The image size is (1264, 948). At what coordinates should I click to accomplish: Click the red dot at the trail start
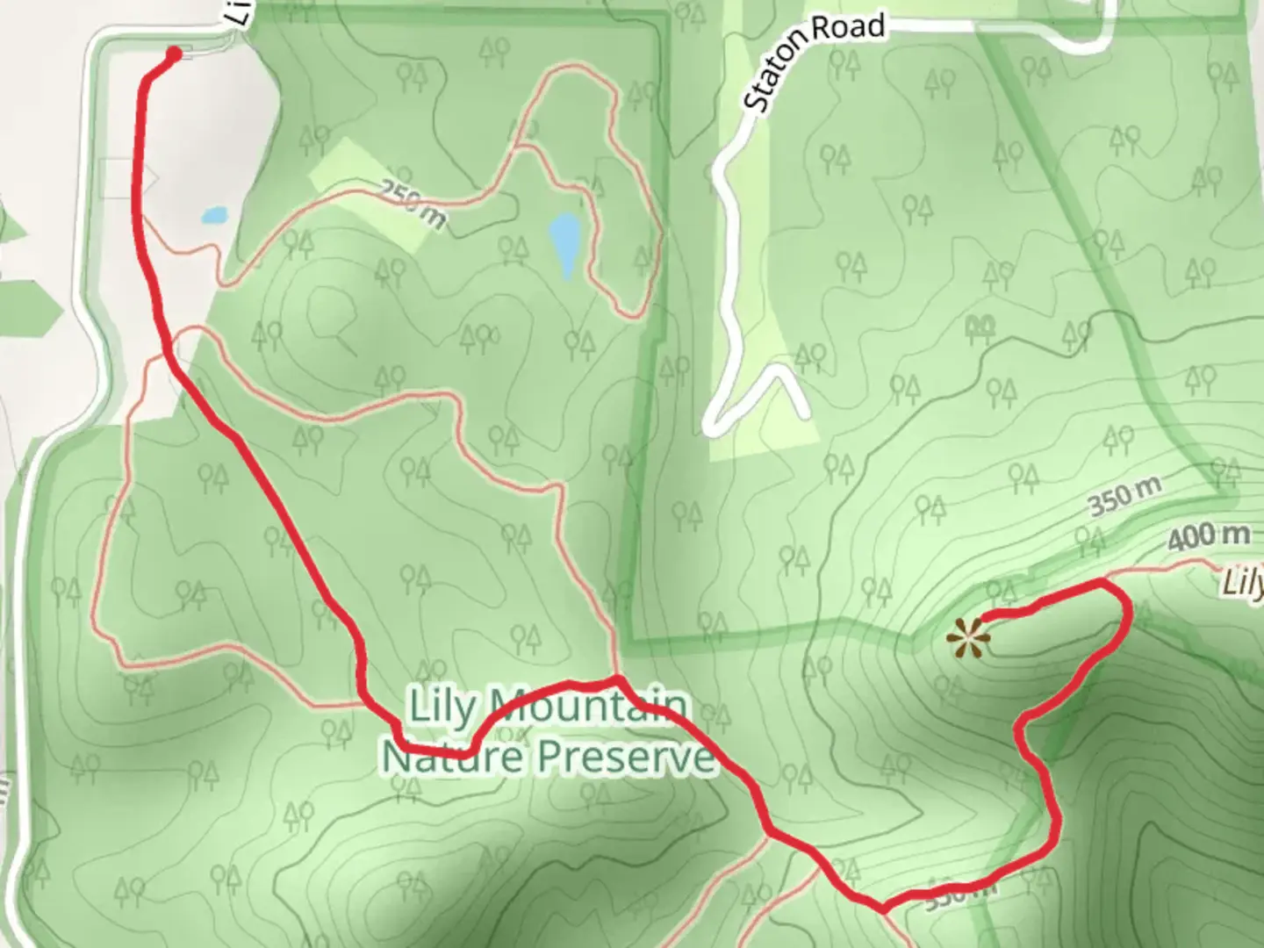174,54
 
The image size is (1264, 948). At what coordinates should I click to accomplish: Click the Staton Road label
813,62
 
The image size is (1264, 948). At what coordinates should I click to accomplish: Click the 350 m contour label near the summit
1124,498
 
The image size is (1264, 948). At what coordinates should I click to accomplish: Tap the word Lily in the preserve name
442,706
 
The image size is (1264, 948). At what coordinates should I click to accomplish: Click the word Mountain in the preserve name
586,706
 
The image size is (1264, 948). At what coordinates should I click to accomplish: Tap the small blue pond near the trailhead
214,214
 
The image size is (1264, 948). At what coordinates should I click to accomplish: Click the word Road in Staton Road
849,29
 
